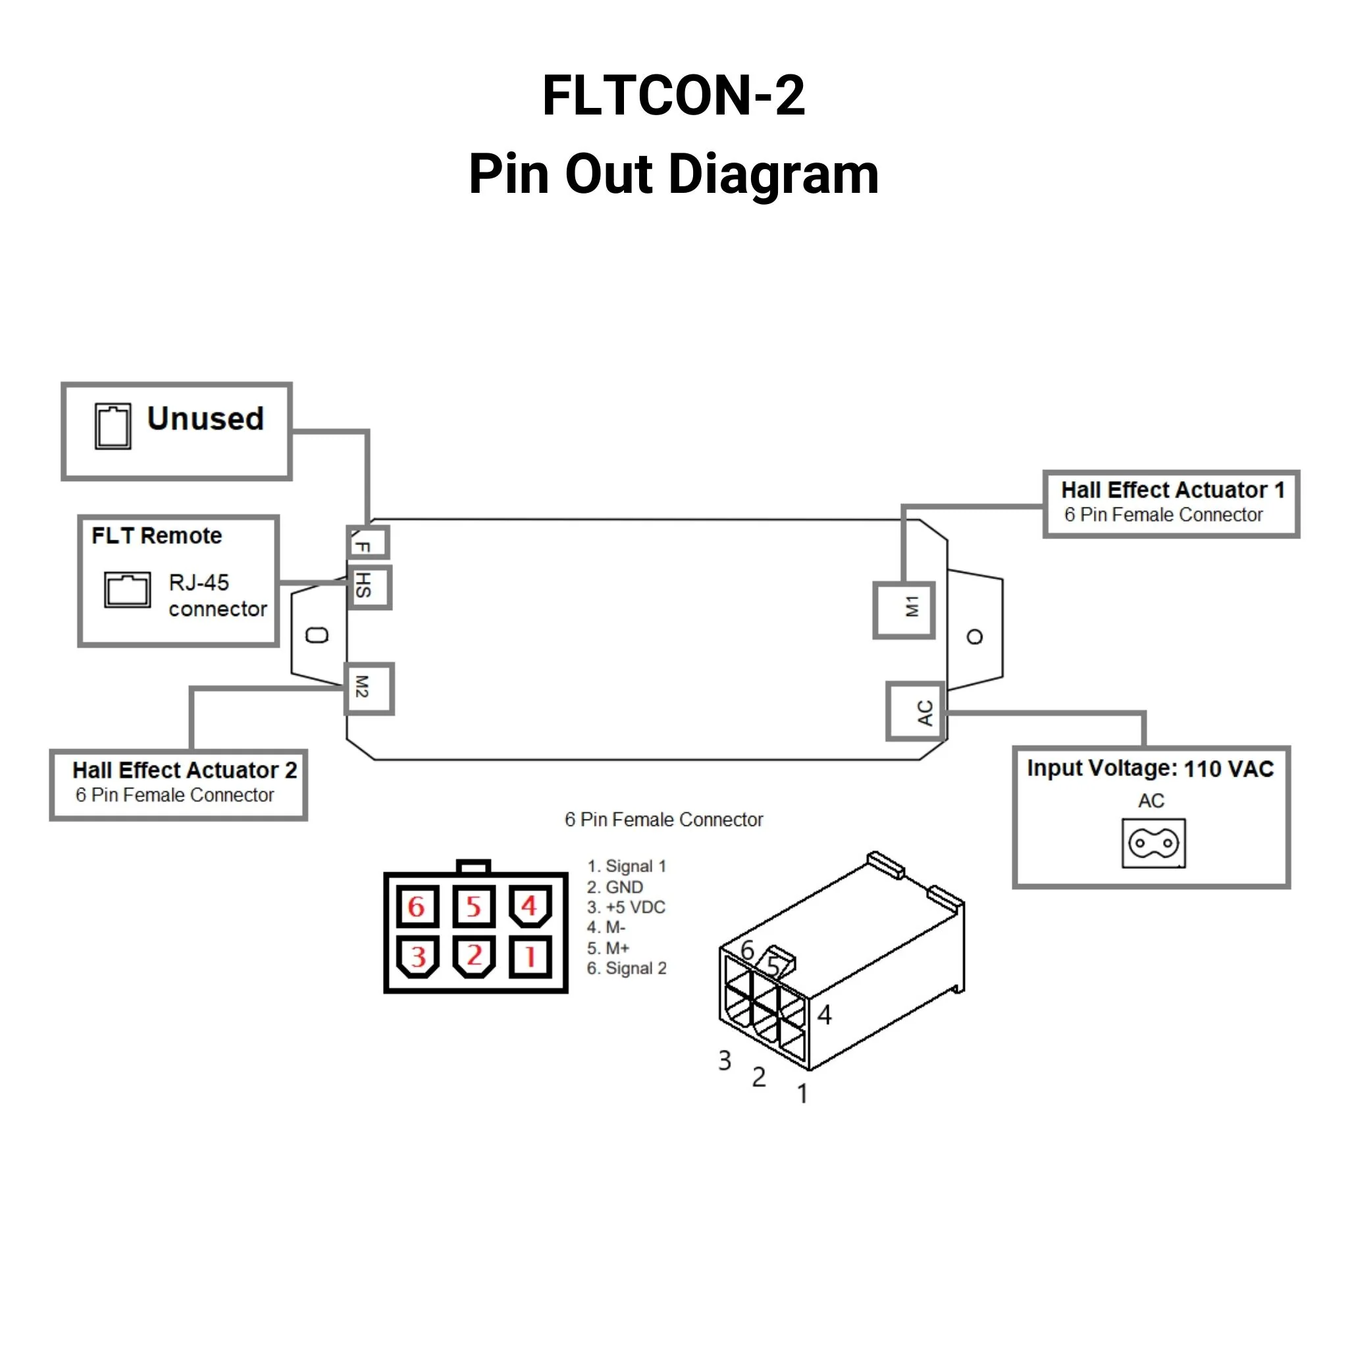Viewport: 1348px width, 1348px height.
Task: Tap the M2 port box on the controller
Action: [x=369, y=688]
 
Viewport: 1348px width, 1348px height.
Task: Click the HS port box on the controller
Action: [x=369, y=586]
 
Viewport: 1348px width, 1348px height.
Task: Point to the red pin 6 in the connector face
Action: [x=417, y=907]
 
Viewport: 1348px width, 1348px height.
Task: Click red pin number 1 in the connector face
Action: [x=531, y=956]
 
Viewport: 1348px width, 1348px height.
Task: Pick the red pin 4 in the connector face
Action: [x=531, y=906]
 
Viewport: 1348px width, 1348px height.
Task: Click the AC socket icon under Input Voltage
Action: [x=1153, y=843]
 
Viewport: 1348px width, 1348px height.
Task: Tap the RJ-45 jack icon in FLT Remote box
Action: [x=127, y=590]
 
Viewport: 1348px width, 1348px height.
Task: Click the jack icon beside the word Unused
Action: [x=113, y=426]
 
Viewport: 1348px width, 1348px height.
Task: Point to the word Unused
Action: [x=205, y=419]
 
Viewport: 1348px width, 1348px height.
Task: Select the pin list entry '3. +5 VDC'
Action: [x=626, y=907]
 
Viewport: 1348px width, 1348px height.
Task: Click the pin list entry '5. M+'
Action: [x=608, y=948]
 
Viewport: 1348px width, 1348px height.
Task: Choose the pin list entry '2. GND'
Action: [x=615, y=887]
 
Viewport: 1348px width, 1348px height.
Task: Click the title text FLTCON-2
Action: [x=673, y=95]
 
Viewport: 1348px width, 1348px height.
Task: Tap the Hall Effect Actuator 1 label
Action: [x=1172, y=490]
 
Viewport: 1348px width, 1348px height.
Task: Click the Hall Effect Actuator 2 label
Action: [x=185, y=770]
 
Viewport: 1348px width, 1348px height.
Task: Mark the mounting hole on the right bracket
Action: [x=975, y=636]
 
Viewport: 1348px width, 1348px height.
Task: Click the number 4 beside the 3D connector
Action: [x=824, y=1015]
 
